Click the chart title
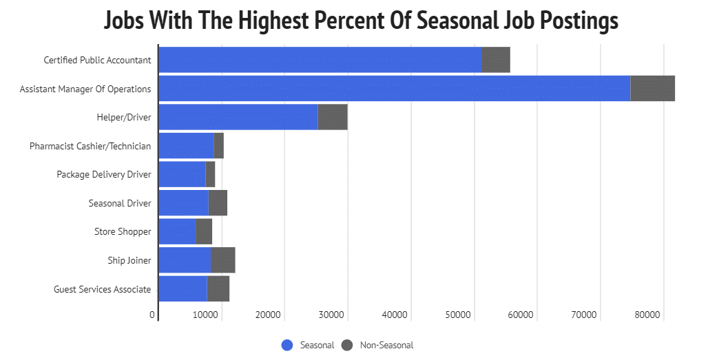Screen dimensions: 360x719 (361, 20)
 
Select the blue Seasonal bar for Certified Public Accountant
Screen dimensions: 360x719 (320, 60)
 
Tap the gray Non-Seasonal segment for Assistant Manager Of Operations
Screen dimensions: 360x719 (652, 89)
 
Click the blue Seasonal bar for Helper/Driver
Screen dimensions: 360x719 (238, 117)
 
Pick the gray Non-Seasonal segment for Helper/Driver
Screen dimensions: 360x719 (333, 117)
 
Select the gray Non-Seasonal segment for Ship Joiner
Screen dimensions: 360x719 (222, 260)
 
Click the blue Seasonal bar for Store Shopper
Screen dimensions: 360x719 (177, 231)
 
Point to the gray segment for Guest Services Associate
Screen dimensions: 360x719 (218, 289)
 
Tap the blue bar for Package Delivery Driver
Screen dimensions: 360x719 (183, 174)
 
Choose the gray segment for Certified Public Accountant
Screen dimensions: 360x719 (496, 60)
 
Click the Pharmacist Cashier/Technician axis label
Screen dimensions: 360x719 (90, 146)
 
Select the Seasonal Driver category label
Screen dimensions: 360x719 (120, 203)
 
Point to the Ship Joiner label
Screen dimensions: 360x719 (129, 260)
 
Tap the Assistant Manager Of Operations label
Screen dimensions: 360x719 (85, 89)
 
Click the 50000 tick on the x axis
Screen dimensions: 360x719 (458, 315)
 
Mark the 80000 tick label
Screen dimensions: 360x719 (647, 315)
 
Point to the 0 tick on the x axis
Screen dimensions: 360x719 (152, 315)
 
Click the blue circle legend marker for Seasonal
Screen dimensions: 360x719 (287, 345)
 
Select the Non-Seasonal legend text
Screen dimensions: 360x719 (386, 345)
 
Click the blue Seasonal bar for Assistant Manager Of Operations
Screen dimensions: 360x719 (395, 89)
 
